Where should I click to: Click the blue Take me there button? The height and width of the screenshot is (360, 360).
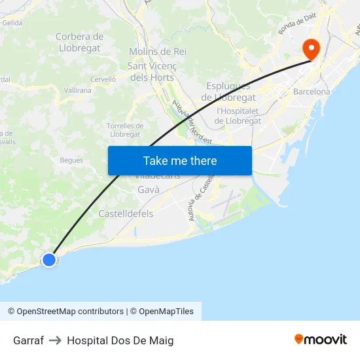180,160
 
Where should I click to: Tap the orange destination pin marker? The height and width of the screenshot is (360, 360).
310,48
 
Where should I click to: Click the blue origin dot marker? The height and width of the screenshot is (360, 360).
49,260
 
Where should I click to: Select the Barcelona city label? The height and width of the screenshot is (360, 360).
312,92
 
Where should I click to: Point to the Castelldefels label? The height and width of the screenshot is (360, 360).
126,213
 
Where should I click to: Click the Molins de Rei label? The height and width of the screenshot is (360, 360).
158,51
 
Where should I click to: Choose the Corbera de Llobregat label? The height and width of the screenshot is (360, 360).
79,42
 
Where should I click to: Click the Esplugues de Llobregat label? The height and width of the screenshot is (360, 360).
228,92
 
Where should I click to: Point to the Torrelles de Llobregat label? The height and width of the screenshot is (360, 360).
125,130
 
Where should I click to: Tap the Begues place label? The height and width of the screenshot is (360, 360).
71,160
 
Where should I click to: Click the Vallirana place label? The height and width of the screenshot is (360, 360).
78,91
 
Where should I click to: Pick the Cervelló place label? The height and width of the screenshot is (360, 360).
103,79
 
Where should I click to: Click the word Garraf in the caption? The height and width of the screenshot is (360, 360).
28,340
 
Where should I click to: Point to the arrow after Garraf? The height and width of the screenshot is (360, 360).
55,340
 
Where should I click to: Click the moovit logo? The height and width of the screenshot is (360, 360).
321,339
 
